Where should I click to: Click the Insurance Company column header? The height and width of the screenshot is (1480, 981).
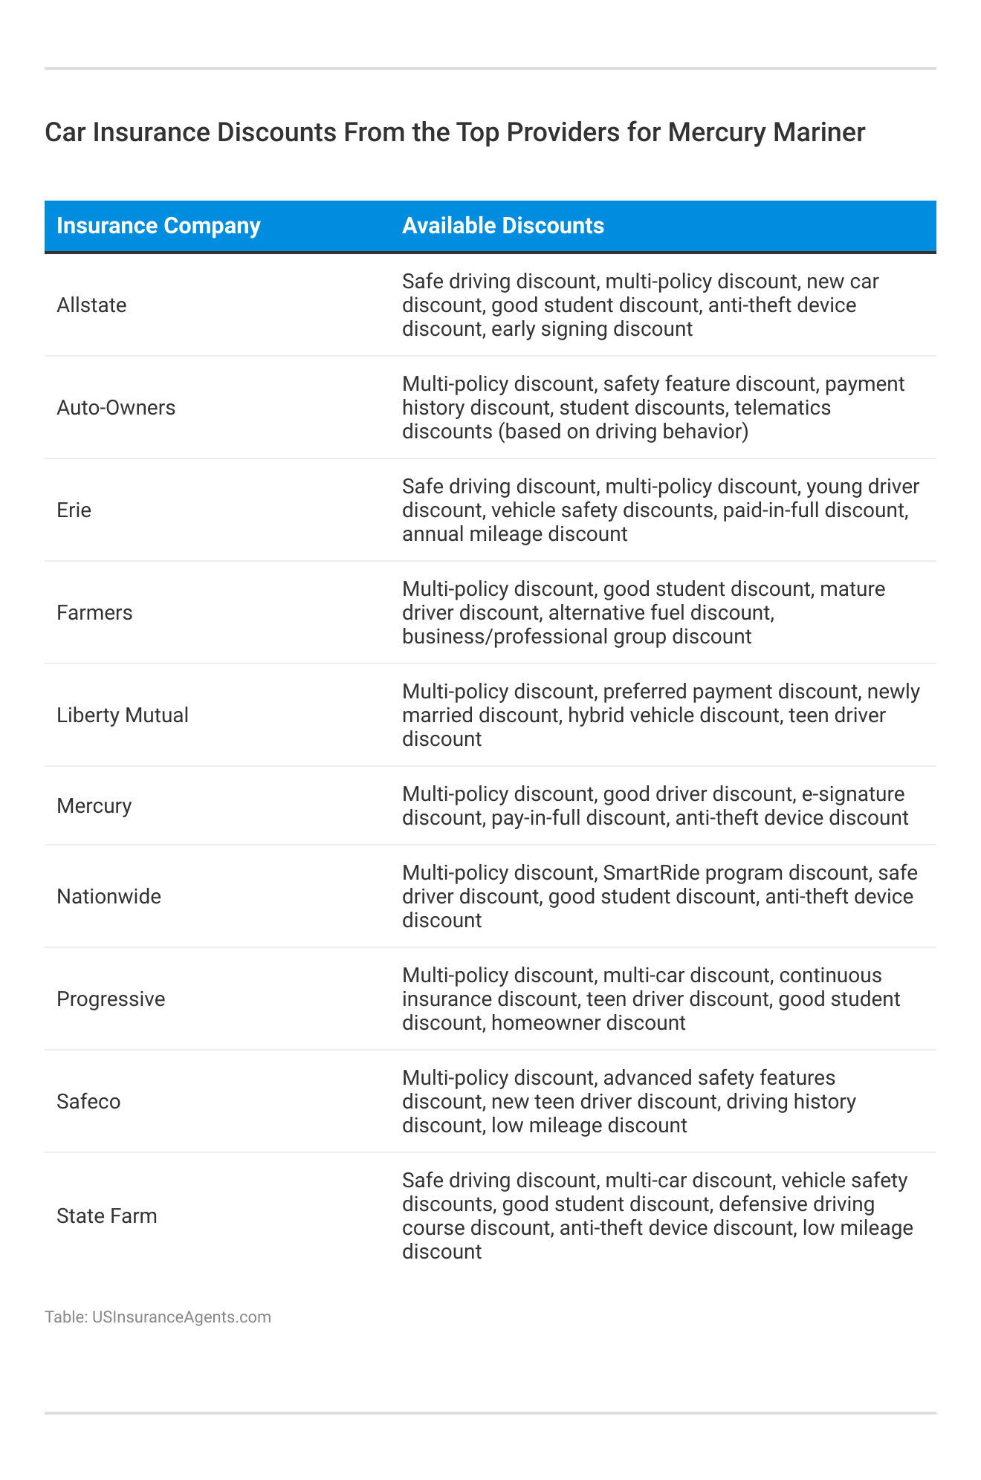(158, 226)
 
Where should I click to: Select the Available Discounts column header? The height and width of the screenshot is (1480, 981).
(502, 226)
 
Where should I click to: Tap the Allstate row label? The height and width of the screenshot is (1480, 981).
(91, 305)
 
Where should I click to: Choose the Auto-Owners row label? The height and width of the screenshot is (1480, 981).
(116, 408)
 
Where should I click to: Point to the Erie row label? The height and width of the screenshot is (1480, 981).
(74, 510)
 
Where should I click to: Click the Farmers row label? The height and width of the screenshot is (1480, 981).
(94, 613)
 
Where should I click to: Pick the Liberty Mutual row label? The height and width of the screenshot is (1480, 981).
(123, 715)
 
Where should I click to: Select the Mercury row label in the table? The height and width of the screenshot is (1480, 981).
(94, 806)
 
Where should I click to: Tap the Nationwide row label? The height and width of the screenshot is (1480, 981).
(109, 897)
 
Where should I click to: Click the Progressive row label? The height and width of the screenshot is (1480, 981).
(111, 999)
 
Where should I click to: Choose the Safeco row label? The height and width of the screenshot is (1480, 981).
(88, 1102)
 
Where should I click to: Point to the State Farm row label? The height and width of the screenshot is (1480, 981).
(107, 1216)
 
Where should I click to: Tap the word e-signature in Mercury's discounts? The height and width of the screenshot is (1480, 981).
(852, 794)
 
